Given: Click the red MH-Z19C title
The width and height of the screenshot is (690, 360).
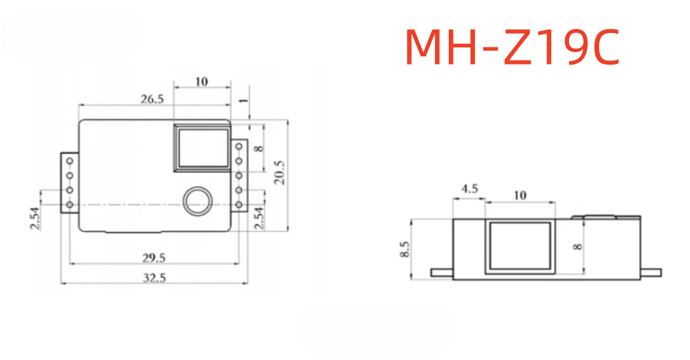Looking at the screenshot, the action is coord(512,47).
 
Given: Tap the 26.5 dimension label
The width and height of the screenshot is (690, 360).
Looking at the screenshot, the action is coord(153,99).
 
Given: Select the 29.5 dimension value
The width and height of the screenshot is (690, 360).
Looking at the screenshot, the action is coord(153,258).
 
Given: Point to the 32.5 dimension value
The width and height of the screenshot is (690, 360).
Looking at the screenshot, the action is coord(154,278).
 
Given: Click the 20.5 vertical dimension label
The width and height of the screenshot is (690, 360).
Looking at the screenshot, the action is coord(280,172).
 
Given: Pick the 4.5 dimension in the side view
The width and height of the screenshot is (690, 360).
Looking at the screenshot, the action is coord(469,189).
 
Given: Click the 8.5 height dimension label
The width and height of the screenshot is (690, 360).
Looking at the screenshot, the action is coord(405,249).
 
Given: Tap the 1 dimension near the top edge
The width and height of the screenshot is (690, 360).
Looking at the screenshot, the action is coord(243,101).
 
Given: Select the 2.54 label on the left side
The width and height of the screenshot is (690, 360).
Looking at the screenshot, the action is coord(35,218).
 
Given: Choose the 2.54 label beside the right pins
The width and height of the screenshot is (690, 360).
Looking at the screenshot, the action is coord(259,218).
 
